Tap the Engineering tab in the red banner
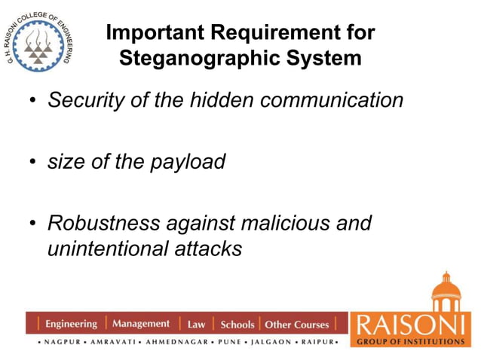71,324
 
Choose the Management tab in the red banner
141,324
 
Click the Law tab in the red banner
196,325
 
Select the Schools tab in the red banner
237,325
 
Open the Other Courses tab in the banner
297,325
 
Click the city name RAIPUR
316,341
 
